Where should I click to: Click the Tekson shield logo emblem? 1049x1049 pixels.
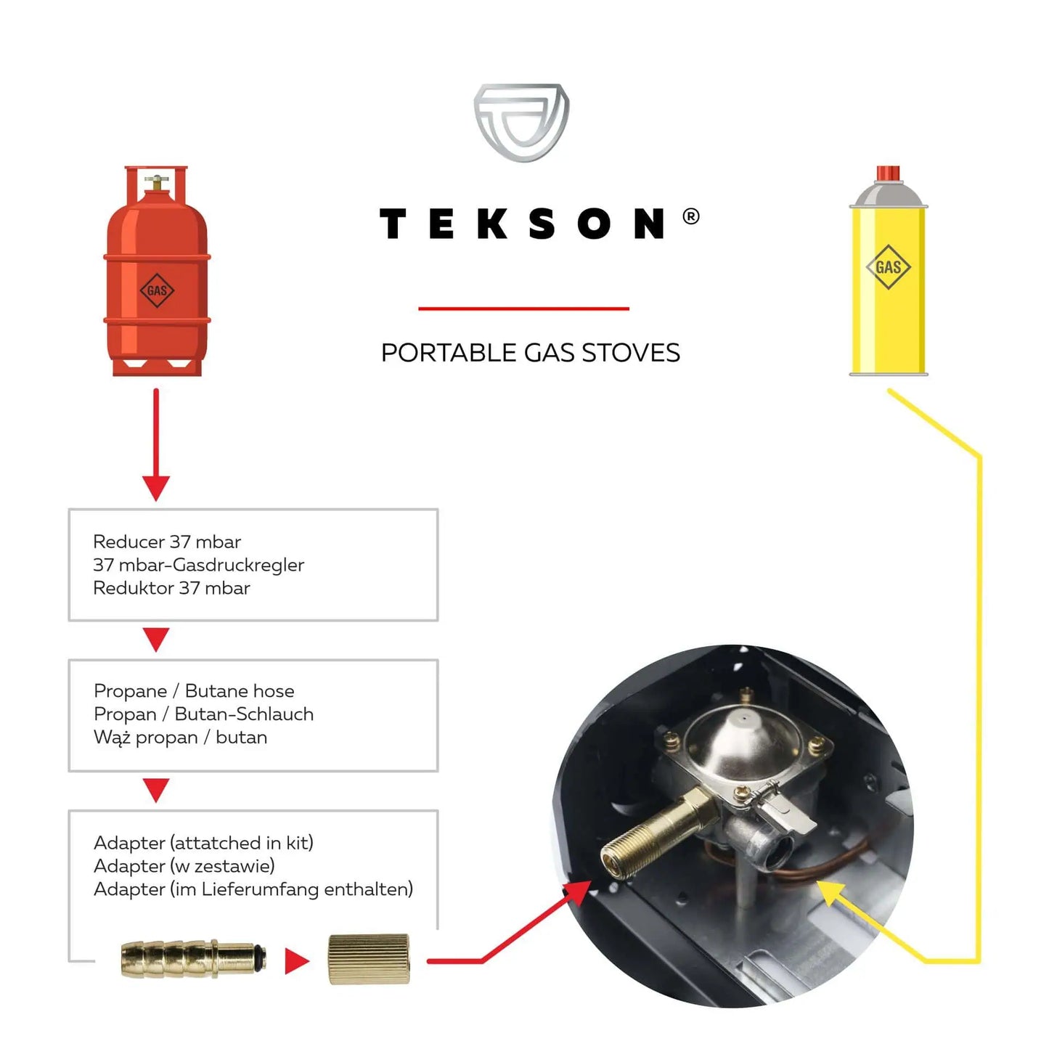pos(521,122)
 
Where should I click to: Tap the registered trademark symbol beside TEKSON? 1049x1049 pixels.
pos(691,216)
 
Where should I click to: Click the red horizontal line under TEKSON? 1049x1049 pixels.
pos(523,309)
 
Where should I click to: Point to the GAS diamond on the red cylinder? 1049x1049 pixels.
pos(157,290)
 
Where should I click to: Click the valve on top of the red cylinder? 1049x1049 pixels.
pos(156,181)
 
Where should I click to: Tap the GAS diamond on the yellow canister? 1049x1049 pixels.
pos(888,267)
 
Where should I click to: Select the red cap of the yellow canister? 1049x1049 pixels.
pos(888,173)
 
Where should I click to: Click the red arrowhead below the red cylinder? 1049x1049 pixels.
pos(156,487)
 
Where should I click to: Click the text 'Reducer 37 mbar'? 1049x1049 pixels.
pos(167,542)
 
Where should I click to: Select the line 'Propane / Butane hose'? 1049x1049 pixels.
pos(194,690)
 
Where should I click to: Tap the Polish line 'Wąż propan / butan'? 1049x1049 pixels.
pos(180,737)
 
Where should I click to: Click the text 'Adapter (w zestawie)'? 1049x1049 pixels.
pos(184,865)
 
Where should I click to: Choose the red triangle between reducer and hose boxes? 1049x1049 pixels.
pos(156,638)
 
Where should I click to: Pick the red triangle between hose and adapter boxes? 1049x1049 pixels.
pos(156,788)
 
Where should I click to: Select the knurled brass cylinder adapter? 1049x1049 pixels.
pos(369,959)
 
